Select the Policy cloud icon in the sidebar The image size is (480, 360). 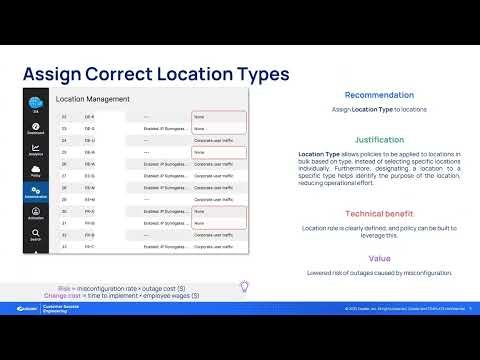tap(36, 172)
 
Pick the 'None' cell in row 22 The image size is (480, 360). tap(199, 116)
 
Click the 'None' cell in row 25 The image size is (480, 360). tap(199, 152)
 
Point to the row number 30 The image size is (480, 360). tap(63, 210)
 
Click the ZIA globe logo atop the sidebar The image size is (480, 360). tap(36, 104)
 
